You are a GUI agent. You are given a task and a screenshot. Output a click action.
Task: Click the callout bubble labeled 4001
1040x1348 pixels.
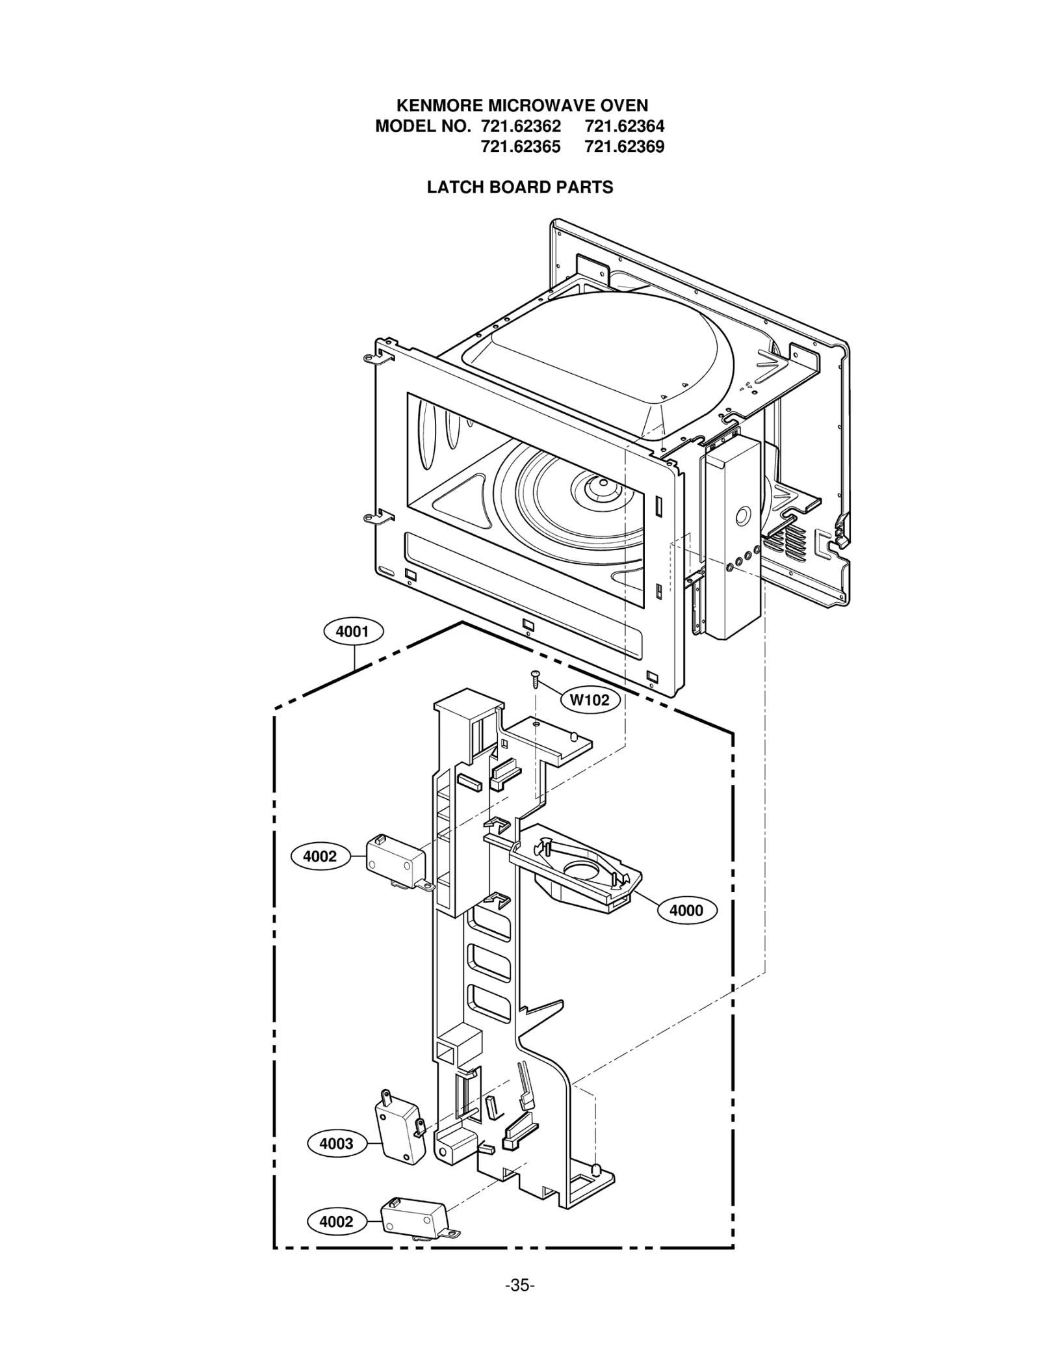353,631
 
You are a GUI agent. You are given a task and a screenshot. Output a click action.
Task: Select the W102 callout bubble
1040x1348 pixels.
590,700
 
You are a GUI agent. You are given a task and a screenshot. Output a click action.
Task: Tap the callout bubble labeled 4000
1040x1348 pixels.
686,910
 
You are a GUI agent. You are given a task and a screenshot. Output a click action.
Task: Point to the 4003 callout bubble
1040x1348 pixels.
336,1144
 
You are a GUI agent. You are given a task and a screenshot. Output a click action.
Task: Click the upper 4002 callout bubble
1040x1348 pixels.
320,856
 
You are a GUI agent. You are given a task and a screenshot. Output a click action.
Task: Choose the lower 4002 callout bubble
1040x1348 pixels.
336,1222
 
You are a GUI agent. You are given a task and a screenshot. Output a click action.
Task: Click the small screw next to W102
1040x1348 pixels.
536,679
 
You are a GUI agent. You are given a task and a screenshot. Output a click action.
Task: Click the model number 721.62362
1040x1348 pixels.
521,126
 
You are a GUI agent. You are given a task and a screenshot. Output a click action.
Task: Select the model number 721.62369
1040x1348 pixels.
625,146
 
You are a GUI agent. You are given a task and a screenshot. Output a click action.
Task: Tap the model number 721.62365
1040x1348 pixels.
521,146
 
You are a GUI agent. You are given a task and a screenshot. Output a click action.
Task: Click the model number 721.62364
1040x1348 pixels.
625,126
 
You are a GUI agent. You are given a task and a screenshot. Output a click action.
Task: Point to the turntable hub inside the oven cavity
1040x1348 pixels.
601,484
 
